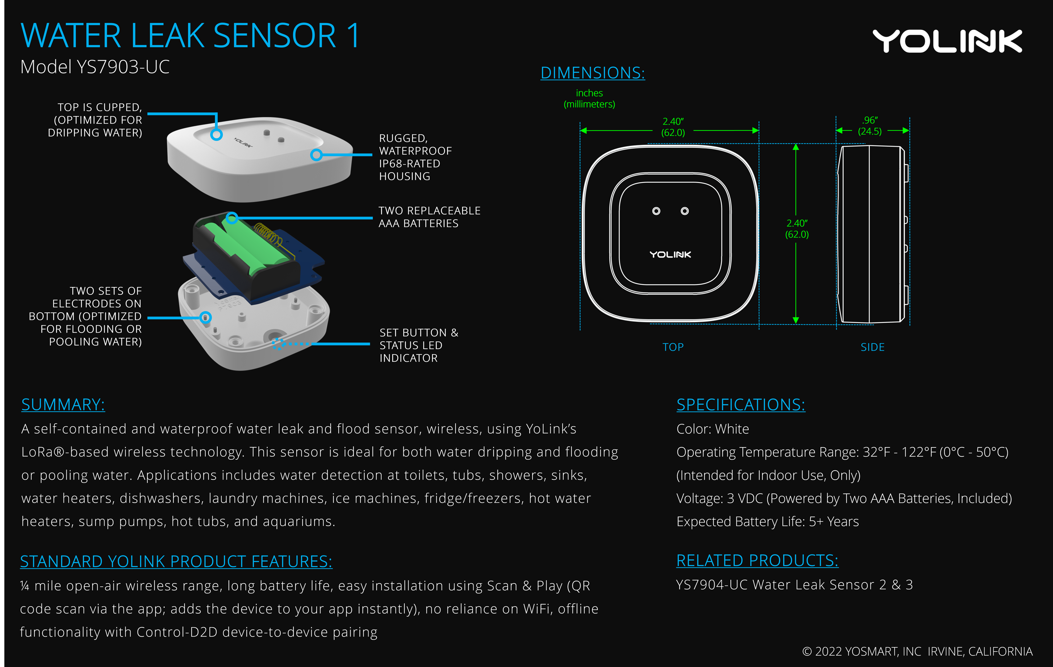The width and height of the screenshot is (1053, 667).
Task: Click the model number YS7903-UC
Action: point(95,67)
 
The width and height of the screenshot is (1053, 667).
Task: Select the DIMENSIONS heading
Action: point(592,73)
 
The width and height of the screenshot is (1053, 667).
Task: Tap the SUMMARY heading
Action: point(63,405)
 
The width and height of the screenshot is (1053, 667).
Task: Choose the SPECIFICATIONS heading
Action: point(740,405)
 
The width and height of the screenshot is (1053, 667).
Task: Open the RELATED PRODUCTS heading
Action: point(757,561)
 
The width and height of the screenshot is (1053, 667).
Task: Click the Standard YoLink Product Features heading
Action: point(176,562)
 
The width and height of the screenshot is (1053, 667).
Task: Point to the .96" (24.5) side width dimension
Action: point(870,126)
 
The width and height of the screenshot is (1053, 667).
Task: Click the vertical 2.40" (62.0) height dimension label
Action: point(797,229)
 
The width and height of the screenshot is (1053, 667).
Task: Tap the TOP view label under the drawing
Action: point(673,347)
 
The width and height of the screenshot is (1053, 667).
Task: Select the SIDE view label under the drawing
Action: point(872,347)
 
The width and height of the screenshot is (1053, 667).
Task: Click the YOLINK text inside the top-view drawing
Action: point(670,255)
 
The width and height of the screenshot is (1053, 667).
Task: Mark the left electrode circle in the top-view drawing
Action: point(656,211)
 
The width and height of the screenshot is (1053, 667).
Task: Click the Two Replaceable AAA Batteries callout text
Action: point(429,217)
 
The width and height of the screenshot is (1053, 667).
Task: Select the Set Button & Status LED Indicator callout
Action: point(418,345)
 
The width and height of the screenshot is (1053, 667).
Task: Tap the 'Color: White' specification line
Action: point(712,429)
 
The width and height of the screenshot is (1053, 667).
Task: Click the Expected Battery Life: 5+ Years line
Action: point(767,522)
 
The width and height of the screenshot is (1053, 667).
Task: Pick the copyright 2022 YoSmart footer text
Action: point(917,652)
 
